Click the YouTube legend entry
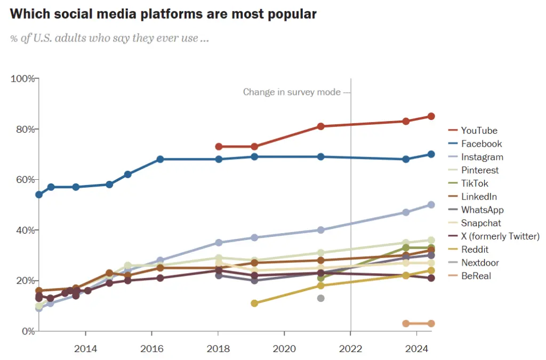pos(479,131)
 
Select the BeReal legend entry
pos(476,276)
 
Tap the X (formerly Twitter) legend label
pos(500,236)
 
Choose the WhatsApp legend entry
pos(482,210)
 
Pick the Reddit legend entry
pos(475,250)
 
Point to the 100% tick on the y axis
pos(23,79)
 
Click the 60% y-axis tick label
pos(25,180)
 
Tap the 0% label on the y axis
pos(27,331)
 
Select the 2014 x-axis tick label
pos(85,349)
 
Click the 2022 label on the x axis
pos(350,349)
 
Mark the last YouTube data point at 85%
pos(431,116)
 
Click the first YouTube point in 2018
pos(219,147)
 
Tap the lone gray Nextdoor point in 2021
pos(320,298)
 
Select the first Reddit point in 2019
pos(254,303)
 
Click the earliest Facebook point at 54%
pos(39,195)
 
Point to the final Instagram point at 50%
pos(431,205)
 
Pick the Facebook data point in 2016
pos(160,159)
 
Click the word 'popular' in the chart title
pos(292,14)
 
